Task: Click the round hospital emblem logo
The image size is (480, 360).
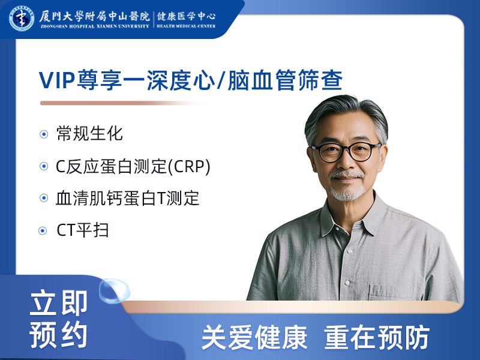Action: coord(21,17)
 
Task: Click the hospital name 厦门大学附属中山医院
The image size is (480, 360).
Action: coord(94,14)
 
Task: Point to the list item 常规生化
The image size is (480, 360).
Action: coord(89,134)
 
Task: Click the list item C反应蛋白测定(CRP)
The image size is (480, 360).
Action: coord(133,167)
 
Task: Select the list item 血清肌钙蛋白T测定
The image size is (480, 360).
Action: coord(127,199)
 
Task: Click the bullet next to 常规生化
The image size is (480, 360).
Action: coord(44,134)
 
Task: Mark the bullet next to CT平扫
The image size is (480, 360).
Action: coord(43,231)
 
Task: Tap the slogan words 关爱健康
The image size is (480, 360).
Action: coord(254,338)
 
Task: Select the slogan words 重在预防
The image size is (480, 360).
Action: coord(377,338)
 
